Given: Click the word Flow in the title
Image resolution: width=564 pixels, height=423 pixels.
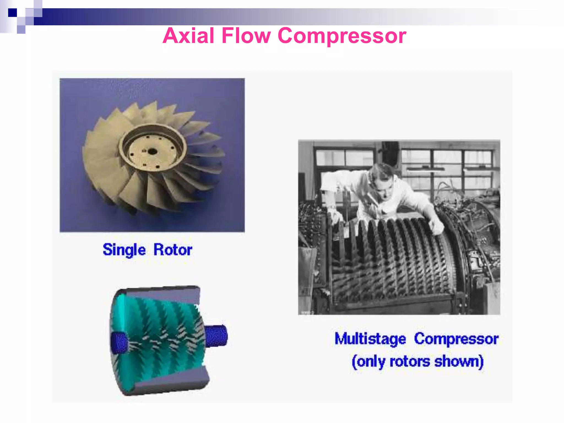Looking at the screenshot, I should [246, 36].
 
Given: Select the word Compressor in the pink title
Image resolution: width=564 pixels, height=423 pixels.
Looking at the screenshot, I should [342, 36].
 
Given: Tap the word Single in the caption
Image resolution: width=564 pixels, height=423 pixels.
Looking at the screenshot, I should [124, 250].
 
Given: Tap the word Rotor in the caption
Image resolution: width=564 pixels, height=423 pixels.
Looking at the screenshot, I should [173, 250].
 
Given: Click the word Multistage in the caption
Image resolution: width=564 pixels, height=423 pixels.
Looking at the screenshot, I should [370, 339].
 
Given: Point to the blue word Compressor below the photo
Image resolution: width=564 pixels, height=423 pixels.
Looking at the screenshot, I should [456, 339].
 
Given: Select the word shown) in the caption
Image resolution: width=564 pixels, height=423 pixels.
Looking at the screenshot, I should [459, 361].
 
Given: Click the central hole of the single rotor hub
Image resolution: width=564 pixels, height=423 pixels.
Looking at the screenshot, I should [152, 151].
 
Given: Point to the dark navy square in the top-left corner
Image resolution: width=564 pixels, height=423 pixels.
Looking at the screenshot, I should [12, 13].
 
